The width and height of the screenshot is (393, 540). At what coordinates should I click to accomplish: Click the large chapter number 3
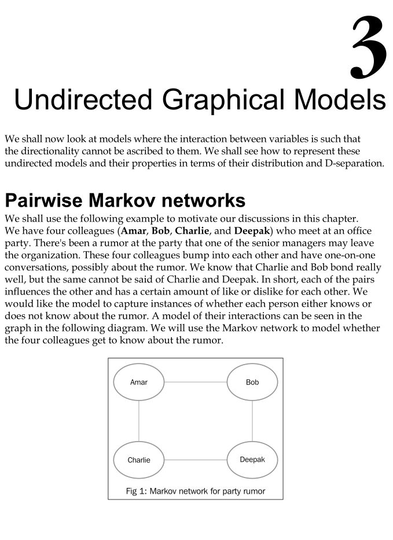(368, 49)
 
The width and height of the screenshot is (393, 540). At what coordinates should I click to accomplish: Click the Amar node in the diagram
(139, 382)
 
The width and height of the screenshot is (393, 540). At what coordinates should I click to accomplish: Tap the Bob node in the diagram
(252, 382)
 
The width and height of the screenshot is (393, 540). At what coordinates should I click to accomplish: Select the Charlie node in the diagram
(139, 460)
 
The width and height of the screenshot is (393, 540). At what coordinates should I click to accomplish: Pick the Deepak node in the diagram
(252, 460)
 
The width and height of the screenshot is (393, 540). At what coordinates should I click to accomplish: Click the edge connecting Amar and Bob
(196, 382)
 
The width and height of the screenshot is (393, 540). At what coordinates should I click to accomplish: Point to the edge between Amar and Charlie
(139, 421)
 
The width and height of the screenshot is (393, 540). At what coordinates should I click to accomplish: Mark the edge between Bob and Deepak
(252, 421)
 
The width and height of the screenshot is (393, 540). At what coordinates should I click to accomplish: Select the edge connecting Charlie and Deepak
(196, 460)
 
